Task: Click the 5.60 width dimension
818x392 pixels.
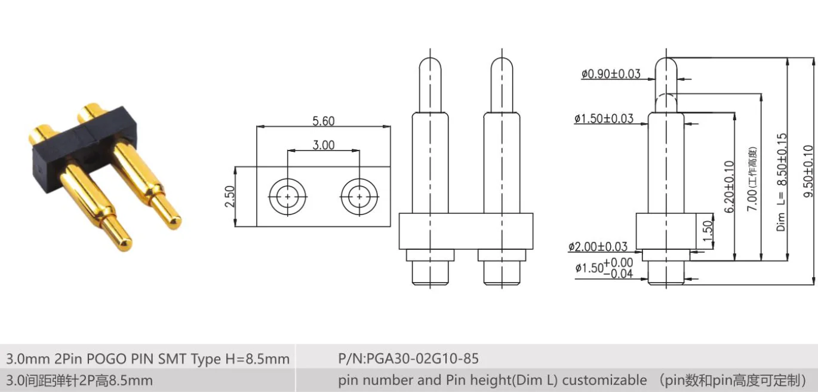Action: click(323, 121)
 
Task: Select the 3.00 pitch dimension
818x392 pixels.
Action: click(323, 145)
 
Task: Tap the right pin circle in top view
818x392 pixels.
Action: click(359, 196)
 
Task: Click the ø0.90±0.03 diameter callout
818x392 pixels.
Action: click(610, 74)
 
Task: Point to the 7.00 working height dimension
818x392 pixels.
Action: click(753, 179)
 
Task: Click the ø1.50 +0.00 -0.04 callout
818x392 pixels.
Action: click(603, 268)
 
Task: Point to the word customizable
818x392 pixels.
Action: click(604, 380)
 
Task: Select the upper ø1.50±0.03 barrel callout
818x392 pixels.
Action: click(604, 118)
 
